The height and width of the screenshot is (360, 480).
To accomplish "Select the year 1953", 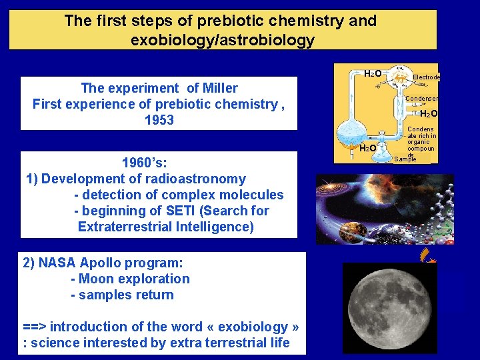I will (159, 120).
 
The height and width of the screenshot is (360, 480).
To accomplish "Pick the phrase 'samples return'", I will (127, 295).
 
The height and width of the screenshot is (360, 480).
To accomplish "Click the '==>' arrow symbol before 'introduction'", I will (35, 327).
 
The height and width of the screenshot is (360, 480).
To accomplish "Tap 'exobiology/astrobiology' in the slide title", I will (223, 40).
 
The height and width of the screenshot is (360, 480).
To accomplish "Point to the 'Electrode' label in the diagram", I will (426, 77).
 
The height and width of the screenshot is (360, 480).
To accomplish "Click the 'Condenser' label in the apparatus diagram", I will (422, 99).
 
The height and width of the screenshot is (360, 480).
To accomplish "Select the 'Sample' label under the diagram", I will (405, 159).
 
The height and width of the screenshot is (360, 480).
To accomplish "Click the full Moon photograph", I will (389, 307).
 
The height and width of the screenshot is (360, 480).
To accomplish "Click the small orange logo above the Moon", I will (425, 255).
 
